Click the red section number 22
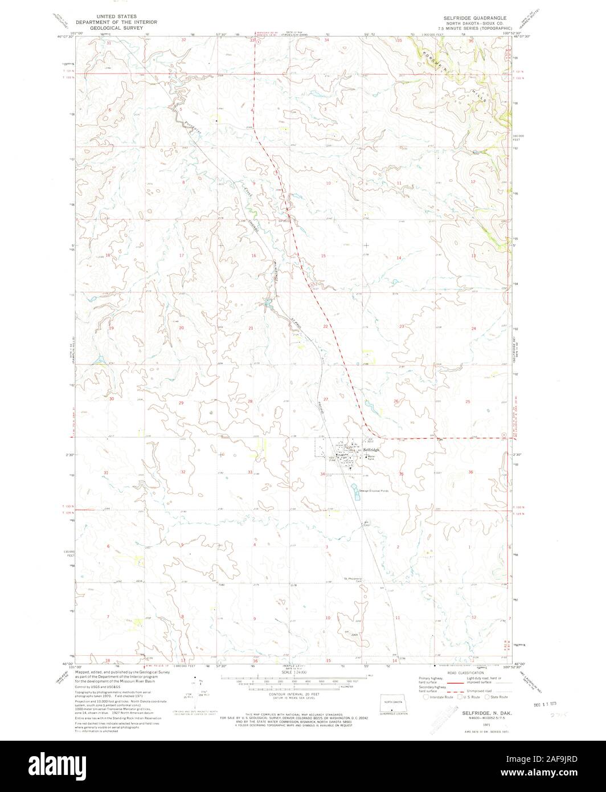coord(326,326)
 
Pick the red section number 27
coord(326,399)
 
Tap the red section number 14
coord(399,258)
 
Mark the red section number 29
coord(181,402)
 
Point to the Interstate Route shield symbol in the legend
coord(425,696)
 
